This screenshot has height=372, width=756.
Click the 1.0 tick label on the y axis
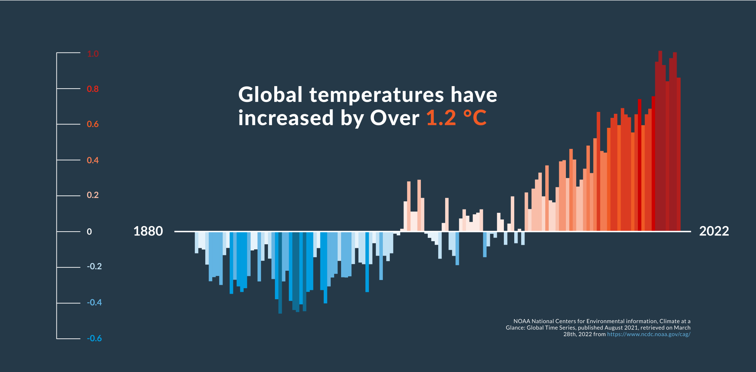tap(93, 54)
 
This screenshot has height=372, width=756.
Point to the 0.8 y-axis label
tap(93, 89)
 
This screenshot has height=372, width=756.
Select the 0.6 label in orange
tap(93, 124)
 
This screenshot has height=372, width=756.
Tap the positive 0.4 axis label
tap(93, 160)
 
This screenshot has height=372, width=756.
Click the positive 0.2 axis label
tap(93, 195)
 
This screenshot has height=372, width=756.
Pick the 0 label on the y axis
tap(89, 232)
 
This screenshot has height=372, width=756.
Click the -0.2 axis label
tap(94, 267)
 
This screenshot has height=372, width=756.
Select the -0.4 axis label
tap(94, 303)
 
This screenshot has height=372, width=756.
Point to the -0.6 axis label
tap(94, 338)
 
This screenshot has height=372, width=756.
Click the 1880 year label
tap(148, 232)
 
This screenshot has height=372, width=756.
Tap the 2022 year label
tap(714, 232)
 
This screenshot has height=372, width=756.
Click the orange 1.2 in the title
tap(441, 118)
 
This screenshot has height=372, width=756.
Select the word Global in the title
tap(270, 95)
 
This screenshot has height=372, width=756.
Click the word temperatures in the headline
tap(377, 95)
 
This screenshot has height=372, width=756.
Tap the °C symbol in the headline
tap(475, 118)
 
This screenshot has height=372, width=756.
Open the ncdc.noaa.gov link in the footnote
tap(649, 334)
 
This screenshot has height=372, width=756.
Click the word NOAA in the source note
tap(522, 321)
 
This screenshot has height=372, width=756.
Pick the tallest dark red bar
tap(660, 140)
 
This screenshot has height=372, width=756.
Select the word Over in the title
tap(395, 118)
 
